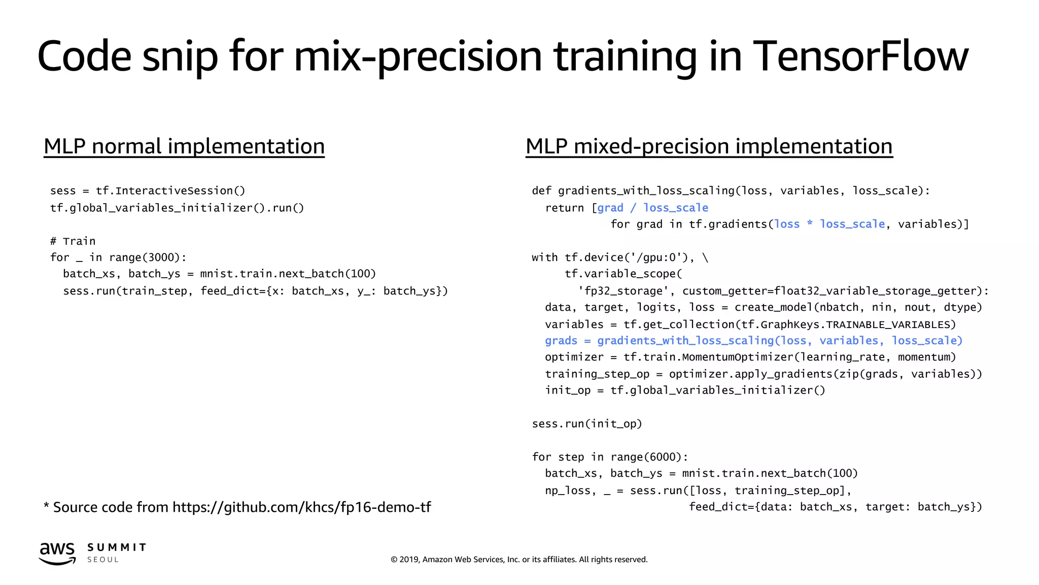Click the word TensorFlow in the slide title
click(x=860, y=56)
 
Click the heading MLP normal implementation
click(x=184, y=146)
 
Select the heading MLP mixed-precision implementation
click(x=709, y=146)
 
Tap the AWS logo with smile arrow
click(x=57, y=553)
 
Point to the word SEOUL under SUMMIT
click(x=103, y=560)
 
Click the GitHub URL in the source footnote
click(x=301, y=507)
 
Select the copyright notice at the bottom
click(x=519, y=559)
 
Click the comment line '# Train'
click(x=73, y=241)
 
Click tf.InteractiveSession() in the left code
click(x=170, y=191)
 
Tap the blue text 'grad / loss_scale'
click(x=652, y=208)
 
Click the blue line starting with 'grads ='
click(x=753, y=341)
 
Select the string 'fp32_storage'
click(x=624, y=291)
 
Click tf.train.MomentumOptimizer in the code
click(x=708, y=357)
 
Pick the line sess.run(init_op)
click(x=587, y=424)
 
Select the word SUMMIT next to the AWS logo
click(x=117, y=547)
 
